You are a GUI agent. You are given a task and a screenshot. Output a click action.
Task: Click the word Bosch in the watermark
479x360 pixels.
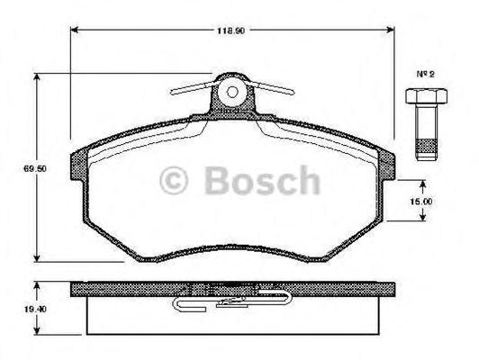(x=261, y=181)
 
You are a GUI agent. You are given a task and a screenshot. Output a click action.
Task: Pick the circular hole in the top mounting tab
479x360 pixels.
(x=232, y=92)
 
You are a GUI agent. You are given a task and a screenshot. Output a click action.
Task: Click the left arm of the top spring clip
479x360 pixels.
(x=191, y=87)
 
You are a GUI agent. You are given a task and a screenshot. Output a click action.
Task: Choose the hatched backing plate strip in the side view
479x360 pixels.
(x=135, y=289)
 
